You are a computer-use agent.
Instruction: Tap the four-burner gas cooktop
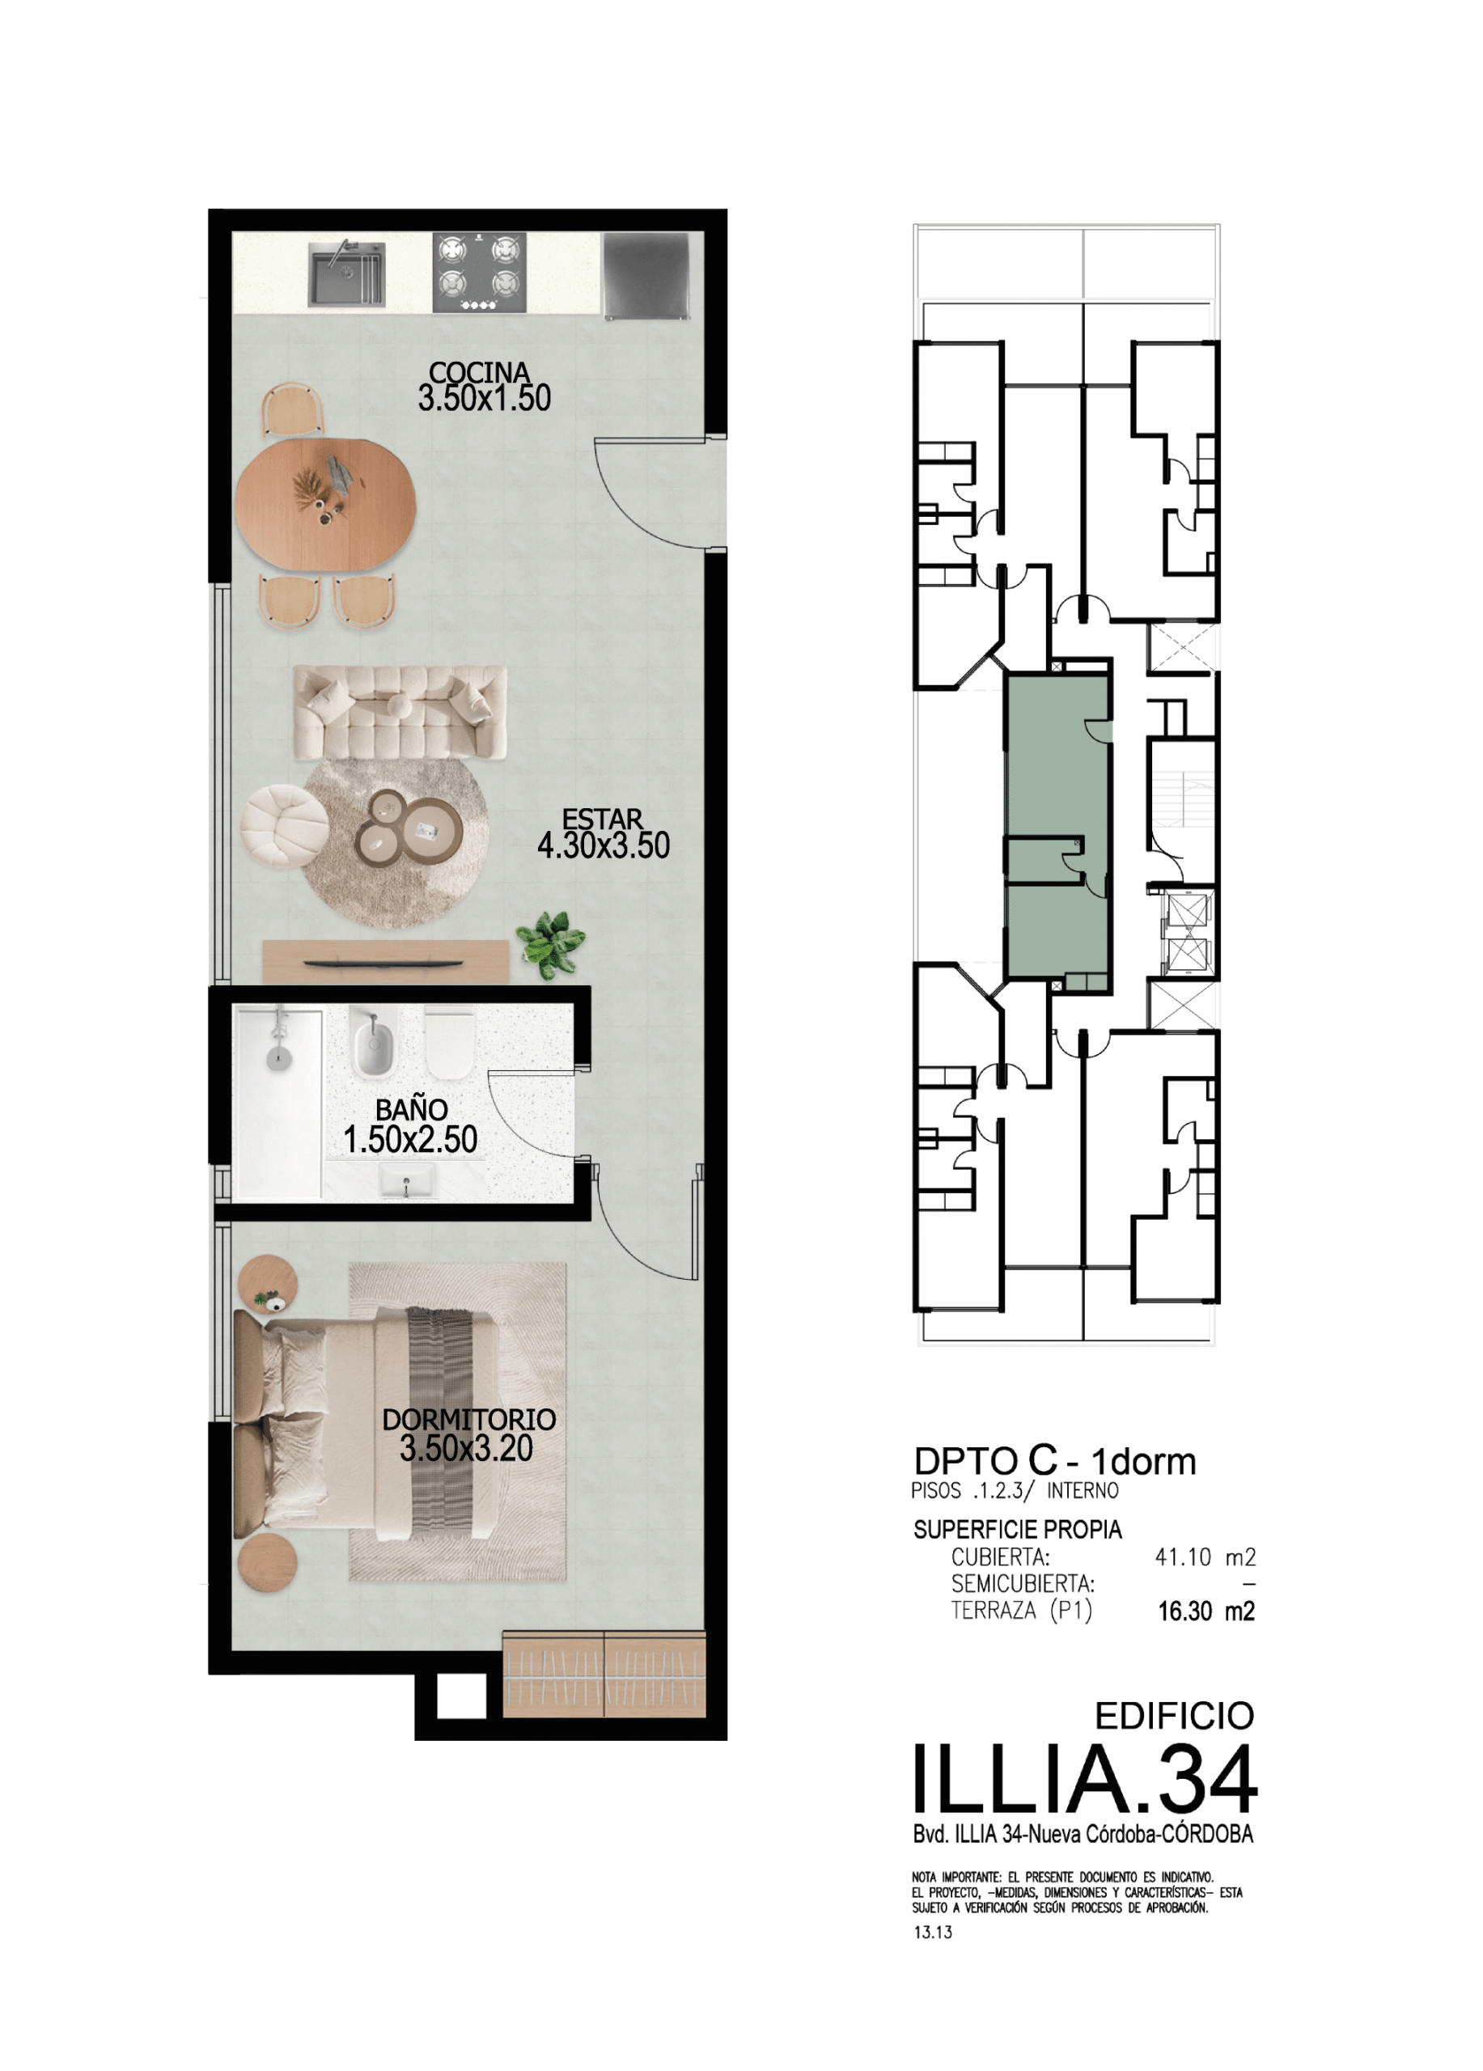click(x=480, y=273)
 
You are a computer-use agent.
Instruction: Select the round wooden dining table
click(x=325, y=505)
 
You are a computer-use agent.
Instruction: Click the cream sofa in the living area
click(x=400, y=712)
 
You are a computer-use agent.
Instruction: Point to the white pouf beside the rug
click(x=284, y=824)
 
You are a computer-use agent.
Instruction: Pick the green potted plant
click(x=551, y=943)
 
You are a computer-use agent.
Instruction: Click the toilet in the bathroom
click(x=449, y=1042)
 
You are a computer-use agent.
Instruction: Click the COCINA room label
click(x=480, y=373)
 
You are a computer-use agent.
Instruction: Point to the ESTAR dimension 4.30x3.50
click(x=604, y=845)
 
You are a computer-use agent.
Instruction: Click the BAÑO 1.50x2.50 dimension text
click(x=411, y=1139)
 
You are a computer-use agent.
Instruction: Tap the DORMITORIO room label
click(x=468, y=1420)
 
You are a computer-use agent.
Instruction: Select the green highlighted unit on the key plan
click(x=1058, y=831)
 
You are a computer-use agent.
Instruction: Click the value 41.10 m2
click(x=1205, y=1557)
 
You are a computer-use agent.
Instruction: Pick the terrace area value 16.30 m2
click(x=1206, y=1611)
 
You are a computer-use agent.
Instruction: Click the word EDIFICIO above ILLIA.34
click(x=1175, y=1716)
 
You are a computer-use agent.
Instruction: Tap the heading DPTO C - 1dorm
click(x=1055, y=1462)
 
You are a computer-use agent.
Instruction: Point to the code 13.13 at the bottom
click(x=932, y=1932)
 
